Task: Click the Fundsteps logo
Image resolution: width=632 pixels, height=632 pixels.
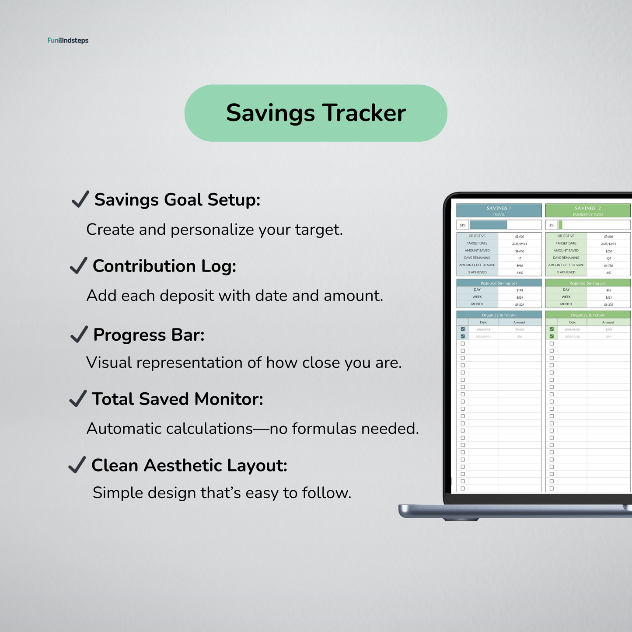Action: (x=68, y=41)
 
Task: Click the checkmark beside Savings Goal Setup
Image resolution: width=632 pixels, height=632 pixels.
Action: (x=80, y=199)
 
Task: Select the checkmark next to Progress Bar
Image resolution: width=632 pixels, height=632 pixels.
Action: (x=79, y=335)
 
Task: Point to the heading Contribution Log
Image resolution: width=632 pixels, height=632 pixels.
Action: (x=164, y=266)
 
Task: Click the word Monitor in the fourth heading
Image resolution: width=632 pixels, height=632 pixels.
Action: (x=228, y=399)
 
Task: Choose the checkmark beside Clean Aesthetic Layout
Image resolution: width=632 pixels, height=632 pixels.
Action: (x=77, y=465)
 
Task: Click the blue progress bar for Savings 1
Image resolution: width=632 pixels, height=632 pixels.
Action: (x=488, y=225)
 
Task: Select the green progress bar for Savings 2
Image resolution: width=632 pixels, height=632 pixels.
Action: (x=560, y=225)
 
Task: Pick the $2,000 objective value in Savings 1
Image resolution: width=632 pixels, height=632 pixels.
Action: (x=520, y=236)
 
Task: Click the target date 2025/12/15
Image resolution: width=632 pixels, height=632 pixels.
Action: (x=608, y=244)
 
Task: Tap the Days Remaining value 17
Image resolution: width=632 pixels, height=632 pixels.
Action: (x=520, y=258)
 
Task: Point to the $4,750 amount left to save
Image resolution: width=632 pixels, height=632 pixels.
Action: (x=608, y=265)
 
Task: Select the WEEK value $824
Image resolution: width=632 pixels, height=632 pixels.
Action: (x=520, y=297)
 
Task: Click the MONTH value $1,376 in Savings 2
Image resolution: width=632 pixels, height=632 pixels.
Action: (x=608, y=304)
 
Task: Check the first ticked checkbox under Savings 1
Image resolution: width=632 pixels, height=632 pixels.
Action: (x=463, y=329)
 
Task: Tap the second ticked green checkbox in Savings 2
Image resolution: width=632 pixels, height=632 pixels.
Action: (x=552, y=336)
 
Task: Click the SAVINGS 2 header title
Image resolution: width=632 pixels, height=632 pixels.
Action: (x=587, y=208)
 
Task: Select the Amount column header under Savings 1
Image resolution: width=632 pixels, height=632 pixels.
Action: (x=519, y=322)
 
